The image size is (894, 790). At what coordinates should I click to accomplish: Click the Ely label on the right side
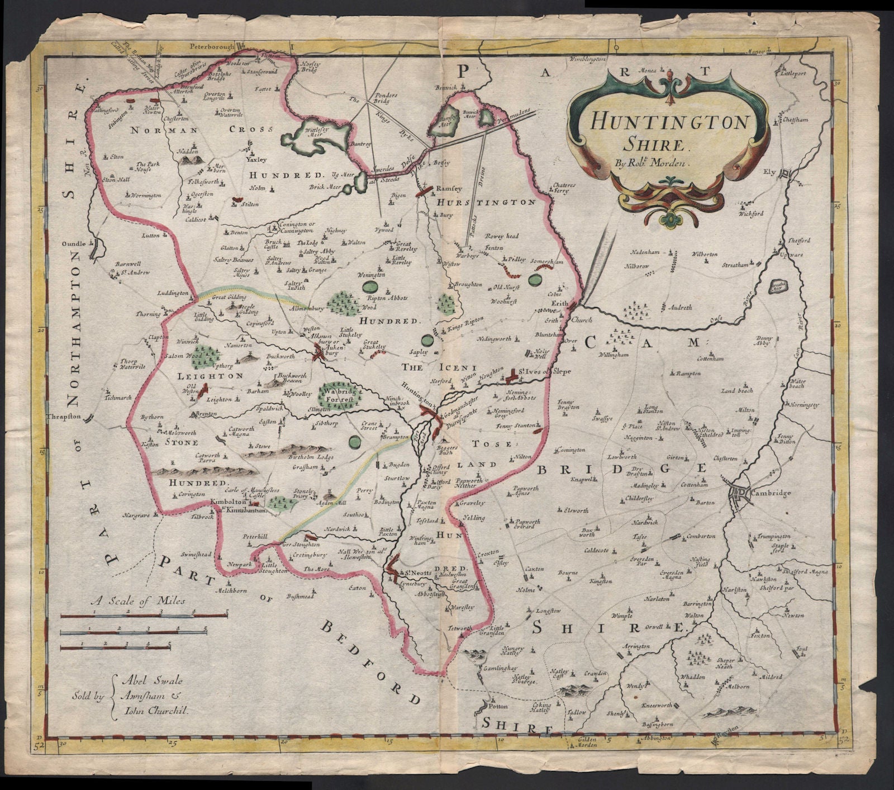tap(771, 173)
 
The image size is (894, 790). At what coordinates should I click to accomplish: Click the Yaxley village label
tap(254, 158)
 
